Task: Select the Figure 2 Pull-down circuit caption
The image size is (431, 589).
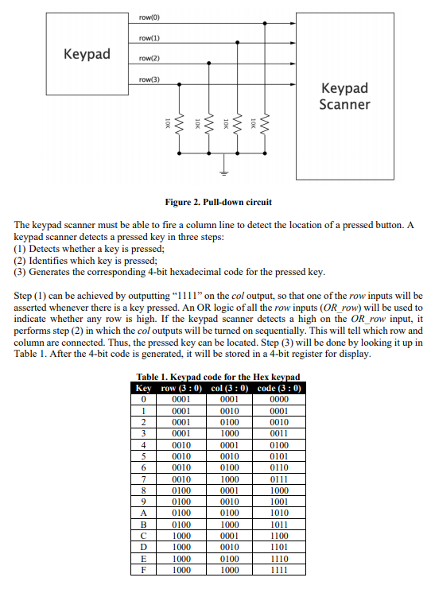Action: [x=216, y=202]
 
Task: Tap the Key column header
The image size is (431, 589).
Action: [x=143, y=388]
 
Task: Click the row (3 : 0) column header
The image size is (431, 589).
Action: [x=179, y=388]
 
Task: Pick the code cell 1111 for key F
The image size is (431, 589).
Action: [x=279, y=568]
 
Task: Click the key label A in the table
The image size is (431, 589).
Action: [x=143, y=513]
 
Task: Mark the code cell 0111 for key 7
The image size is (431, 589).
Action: [x=279, y=479]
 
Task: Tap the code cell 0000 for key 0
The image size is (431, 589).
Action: [x=279, y=399]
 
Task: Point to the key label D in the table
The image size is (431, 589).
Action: [x=143, y=546]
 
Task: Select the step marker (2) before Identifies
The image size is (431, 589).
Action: [x=21, y=260]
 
